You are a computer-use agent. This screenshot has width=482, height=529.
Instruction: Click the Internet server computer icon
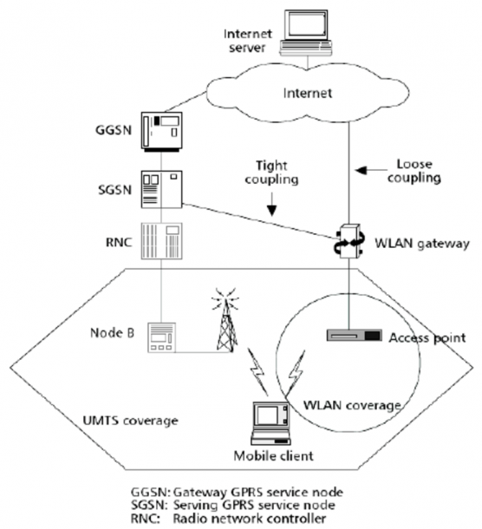tap(306, 33)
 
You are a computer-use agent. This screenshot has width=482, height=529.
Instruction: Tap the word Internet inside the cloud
tap(308, 93)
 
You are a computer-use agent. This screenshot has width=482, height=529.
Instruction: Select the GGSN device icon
tap(161, 131)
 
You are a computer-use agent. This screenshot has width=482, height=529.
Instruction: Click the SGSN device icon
tap(161, 189)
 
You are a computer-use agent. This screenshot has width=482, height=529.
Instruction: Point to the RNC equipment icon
tap(161, 241)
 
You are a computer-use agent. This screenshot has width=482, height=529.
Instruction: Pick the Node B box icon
tap(162, 337)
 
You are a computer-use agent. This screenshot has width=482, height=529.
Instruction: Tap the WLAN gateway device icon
tap(349, 241)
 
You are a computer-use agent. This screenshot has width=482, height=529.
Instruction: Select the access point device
tap(355, 336)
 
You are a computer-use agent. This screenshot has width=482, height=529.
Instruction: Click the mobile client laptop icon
tap(270, 423)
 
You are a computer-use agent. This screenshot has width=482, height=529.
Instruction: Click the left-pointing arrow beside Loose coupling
tap(371, 170)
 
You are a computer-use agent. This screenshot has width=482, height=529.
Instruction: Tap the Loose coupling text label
tap(414, 171)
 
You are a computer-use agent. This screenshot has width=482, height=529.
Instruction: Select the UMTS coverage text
tap(131, 421)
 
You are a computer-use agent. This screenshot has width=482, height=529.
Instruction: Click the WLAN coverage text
tap(352, 405)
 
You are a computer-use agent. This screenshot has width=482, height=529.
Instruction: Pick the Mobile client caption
tap(274, 456)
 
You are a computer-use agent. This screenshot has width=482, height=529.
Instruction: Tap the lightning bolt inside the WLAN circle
tap(296, 372)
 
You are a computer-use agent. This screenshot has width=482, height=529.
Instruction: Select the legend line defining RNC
tap(229, 519)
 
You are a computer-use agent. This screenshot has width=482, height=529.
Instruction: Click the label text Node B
tap(113, 333)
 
